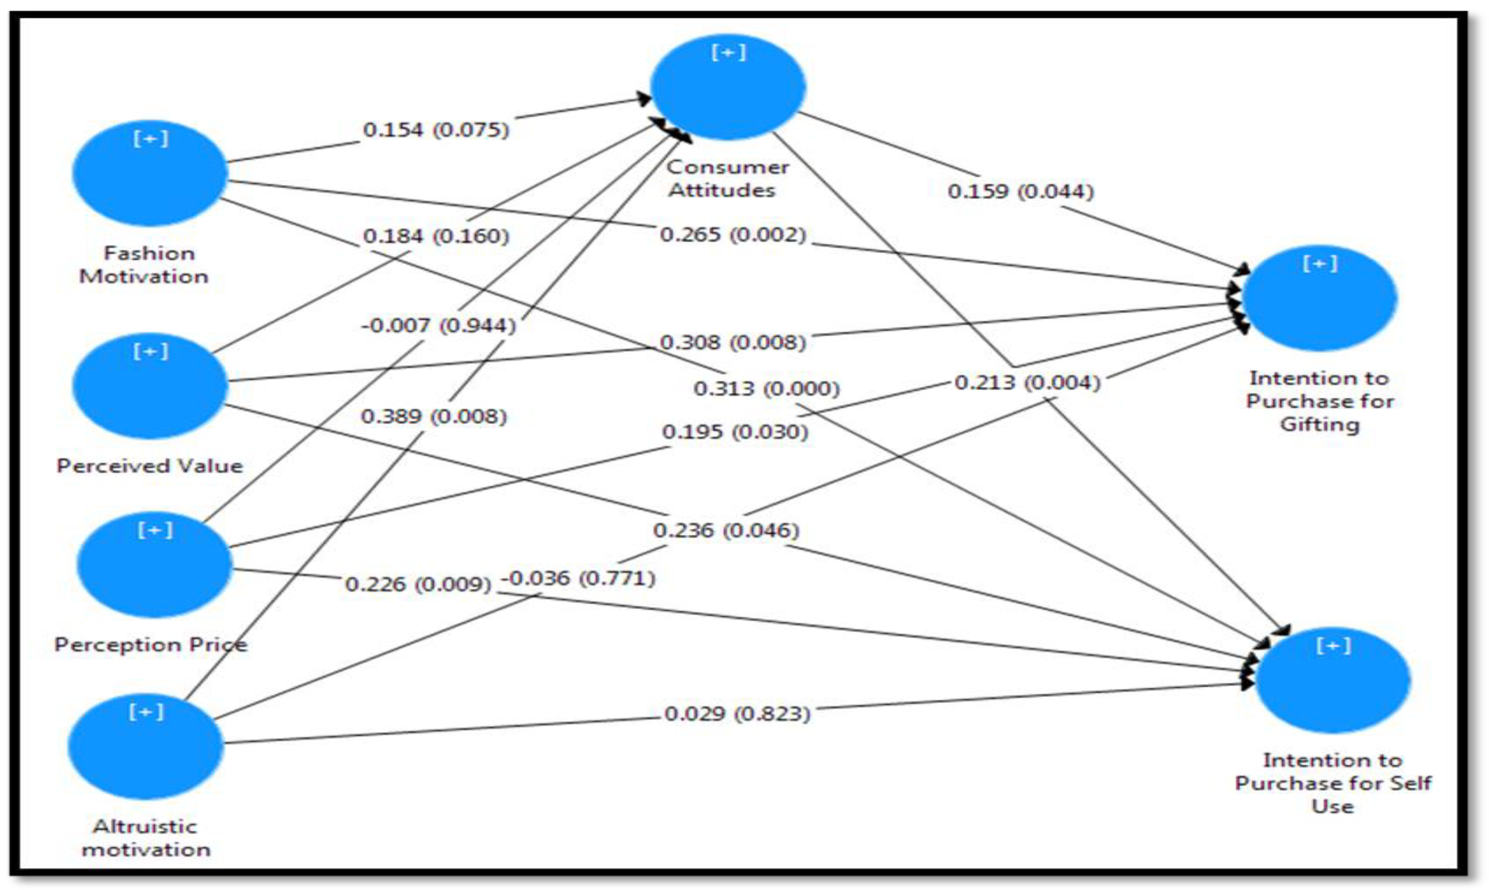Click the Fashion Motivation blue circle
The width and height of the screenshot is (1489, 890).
(x=150, y=173)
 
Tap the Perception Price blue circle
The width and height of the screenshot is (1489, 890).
(x=155, y=564)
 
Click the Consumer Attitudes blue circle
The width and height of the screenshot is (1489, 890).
(x=728, y=87)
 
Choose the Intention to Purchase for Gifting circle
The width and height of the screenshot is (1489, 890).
(x=1319, y=298)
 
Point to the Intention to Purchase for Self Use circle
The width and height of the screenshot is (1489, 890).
(x=1333, y=680)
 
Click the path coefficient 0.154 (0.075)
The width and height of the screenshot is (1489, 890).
(x=436, y=129)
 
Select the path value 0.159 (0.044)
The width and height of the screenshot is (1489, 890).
(x=1020, y=191)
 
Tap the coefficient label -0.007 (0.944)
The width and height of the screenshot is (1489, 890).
(x=439, y=326)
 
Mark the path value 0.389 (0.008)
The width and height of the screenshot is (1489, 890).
(x=434, y=416)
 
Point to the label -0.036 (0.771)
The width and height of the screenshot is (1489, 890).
(x=578, y=578)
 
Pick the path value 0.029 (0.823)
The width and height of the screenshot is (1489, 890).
(x=737, y=713)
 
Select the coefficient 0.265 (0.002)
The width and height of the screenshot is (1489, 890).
(x=733, y=235)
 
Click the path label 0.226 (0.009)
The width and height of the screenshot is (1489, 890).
(x=418, y=584)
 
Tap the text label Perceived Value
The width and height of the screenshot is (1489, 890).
(x=150, y=466)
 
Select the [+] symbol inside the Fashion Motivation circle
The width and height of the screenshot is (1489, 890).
(x=150, y=139)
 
